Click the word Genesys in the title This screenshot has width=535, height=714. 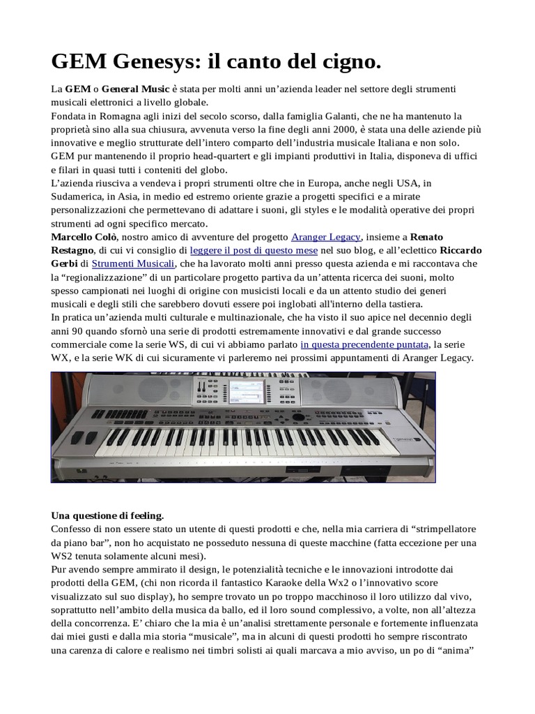[x=148, y=63]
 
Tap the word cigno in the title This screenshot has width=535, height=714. [x=349, y=63]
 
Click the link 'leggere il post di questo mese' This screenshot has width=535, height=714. [x=254, y=250]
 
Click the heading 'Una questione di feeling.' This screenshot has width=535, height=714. [x=107, y=516]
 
